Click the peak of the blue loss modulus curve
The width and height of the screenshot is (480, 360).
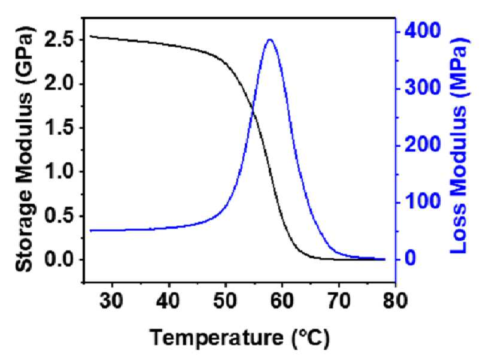pos(270,40)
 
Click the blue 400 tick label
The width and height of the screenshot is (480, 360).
pos(423,31)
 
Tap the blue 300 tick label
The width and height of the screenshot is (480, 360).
pos(423,88)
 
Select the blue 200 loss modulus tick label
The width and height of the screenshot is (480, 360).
pos(423,144)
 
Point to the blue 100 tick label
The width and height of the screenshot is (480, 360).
pos(423,202)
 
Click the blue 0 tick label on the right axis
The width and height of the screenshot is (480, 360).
pos(411,258)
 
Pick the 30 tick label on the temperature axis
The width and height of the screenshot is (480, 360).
pos(112,301)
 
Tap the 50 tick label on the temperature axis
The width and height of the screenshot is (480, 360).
pos(225,301)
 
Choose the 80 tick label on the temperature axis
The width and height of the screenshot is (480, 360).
pos(395,301)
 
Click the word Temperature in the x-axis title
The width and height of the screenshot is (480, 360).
pos(217,338)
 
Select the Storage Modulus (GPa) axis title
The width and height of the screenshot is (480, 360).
pos(24,149)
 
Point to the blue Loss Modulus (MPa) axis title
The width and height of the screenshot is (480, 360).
pos(459,146)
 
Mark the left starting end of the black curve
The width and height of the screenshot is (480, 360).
pos(90,36)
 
